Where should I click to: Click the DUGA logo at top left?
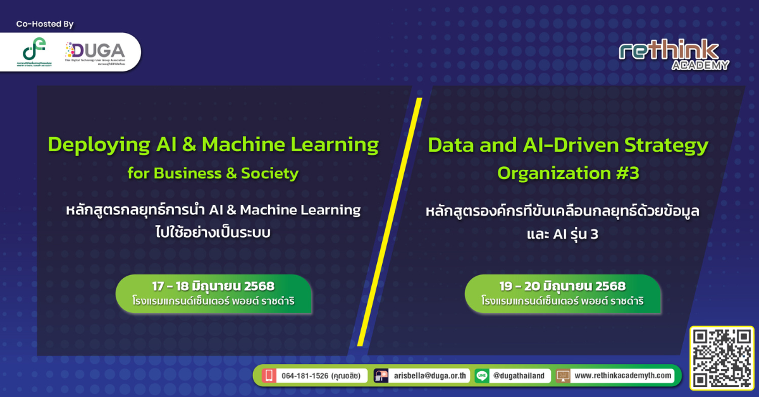[x=96, y=52]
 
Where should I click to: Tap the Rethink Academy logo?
[x=674, y=55]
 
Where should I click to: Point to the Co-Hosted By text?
[x=45, y=24]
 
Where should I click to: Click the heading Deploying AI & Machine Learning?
[x=213, y=145]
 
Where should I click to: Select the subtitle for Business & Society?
[x=213, y=173]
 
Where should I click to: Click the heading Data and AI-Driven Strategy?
[x=568, y=145]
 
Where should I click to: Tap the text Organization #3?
[x=568, y=173]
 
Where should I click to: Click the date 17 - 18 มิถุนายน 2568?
[x=213, y=286]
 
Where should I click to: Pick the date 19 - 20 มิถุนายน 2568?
[x=562, y=286]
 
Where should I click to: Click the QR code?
[x=722, y=358]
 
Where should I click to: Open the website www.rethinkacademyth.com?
[x=624, y=376]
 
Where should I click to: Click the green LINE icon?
[x=482, y=376]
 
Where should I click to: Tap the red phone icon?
[x=269, y=376]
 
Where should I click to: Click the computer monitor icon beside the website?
[x=563, y=376]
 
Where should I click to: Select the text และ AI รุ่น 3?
[x=562, y=235]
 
